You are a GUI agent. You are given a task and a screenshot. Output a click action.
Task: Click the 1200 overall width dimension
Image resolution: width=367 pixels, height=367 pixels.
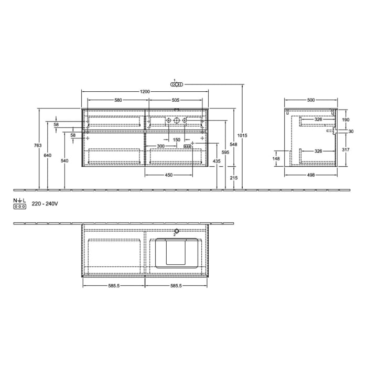[x=145, y=92]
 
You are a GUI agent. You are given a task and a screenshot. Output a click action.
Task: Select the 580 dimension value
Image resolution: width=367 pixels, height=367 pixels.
[x=118, y=100]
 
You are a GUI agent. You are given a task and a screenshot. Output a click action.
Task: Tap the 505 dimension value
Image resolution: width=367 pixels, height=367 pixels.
[x=176, y=100]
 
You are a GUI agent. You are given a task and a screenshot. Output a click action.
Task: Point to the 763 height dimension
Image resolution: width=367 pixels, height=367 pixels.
[x=36, y=145]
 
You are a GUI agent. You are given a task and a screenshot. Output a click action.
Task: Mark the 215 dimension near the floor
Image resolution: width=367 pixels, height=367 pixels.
[x=234, y=178]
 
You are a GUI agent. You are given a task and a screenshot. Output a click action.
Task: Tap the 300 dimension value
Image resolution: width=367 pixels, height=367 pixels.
[x=161, y=146]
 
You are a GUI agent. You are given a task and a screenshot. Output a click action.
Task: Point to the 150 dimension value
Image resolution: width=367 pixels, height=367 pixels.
[x=177, y=139]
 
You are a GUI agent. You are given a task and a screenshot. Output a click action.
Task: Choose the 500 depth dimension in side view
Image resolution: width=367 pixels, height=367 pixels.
[x=311, y=100]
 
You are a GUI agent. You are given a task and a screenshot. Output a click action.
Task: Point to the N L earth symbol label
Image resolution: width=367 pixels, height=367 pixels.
[x=19, y=200]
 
